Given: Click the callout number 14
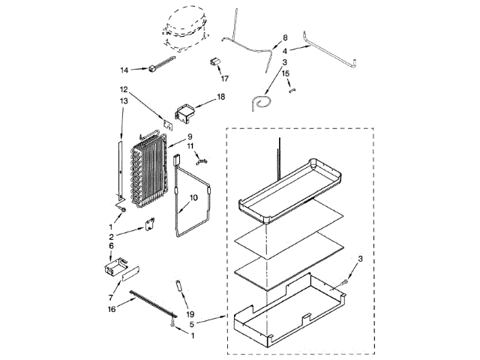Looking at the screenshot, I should point(124,70).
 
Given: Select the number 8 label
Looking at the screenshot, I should point(285,37).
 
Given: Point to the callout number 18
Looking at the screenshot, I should point(220,97).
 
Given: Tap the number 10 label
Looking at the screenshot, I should point(193,198).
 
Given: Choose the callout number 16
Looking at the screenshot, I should point(111,308).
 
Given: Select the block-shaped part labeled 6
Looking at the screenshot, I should point(113,265).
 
